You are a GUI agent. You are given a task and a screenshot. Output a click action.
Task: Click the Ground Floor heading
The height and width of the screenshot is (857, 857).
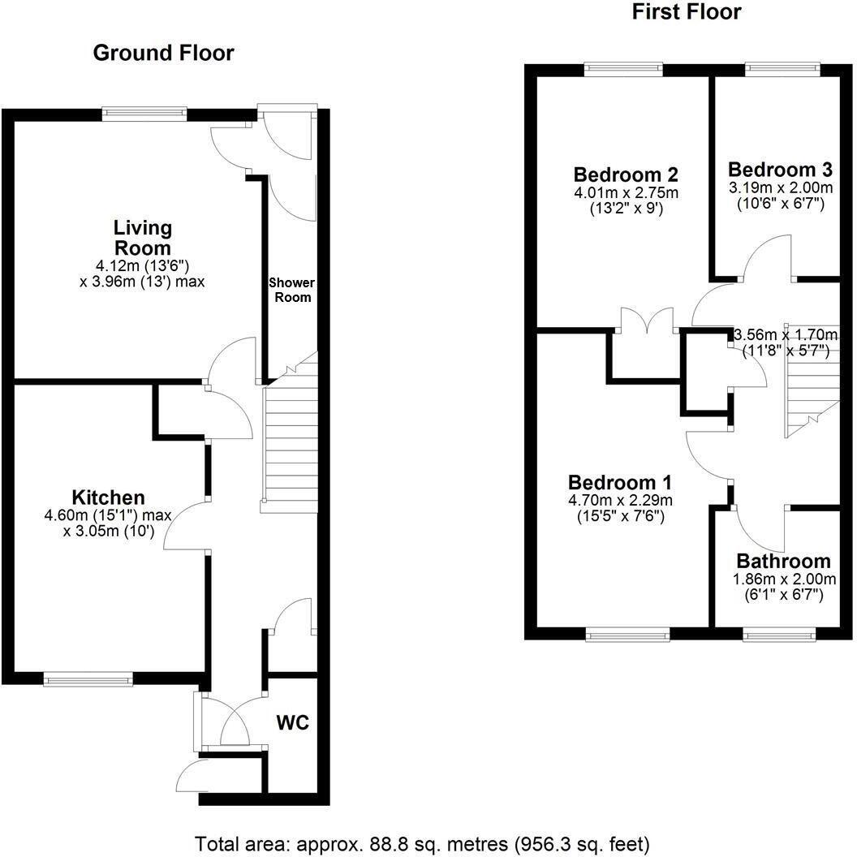pyautogui.click(x=163, y=54)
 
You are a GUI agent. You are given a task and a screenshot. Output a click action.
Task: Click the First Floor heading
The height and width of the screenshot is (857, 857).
pyautogui.click(x=686, y=11)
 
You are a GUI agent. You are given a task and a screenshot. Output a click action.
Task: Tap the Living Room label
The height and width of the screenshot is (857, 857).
pyautogui.click(x=142, y=238)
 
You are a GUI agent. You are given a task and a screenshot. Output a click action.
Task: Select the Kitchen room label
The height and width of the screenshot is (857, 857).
pyautogui.click(x=108, y=497)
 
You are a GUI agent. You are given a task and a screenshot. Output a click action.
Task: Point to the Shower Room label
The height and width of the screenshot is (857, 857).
pyautogui.click(x=292, y=290)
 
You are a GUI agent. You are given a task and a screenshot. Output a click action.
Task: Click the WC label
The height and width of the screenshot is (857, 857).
pyautogui.click(x=293, y=722)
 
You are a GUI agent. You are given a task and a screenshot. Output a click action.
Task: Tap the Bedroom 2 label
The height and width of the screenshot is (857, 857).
pyautogui.click(x=625, y=174)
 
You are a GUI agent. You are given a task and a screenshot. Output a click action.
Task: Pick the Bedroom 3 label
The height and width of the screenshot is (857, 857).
pyautogui.click(x=779, y=170)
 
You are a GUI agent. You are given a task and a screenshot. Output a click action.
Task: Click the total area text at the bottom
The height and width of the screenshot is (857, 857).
pyautogui.click(x=422, y=842)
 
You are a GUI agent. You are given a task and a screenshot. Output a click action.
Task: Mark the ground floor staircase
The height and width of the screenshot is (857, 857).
pyautogui.click(x=290, y=446)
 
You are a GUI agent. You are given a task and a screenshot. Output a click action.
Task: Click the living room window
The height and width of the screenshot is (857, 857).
pyautogui.click(x=144, y=114)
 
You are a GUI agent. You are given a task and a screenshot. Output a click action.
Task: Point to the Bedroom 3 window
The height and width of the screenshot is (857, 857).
pyautogui.click(x=782, y=70)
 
